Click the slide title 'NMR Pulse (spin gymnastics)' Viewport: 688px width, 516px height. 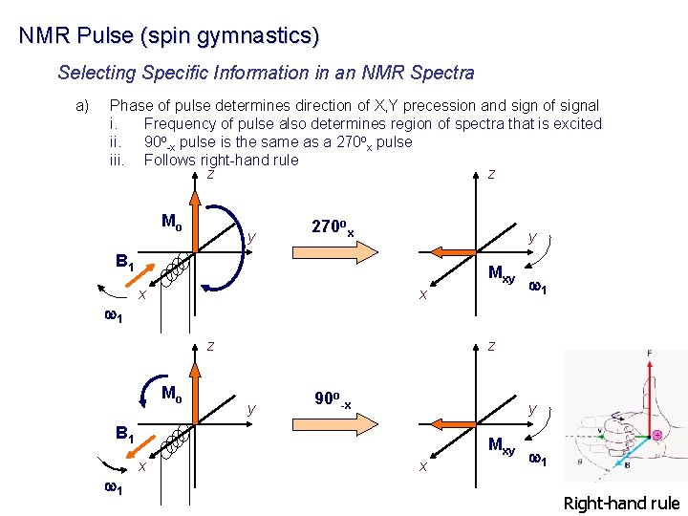tap(168, 36)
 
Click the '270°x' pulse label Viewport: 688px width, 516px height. tap(333, 227)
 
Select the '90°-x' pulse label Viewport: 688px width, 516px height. tap(333, 399)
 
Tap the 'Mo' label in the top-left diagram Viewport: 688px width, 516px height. tap(172, 223)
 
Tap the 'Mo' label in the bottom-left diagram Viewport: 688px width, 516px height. tap(172, 393)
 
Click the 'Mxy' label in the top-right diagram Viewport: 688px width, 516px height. tap(502, 275)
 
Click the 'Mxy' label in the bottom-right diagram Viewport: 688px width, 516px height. tap(502, 444)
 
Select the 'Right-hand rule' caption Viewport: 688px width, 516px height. tap(621, 504)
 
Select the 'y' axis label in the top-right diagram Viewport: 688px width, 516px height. tap(532, 236)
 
